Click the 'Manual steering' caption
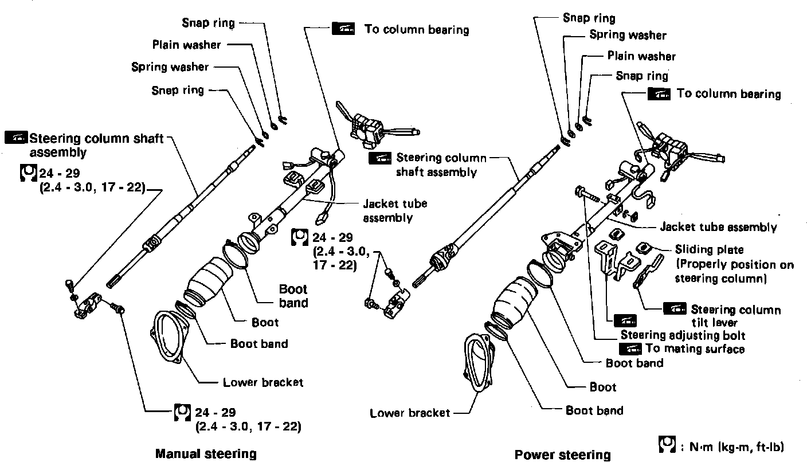pyautogui.click(x=206, y=453)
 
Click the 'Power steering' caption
pyautogui.click(x=562, y=455)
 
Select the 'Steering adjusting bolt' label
pyautogui.click(x=683, y=335)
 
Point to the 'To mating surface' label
pyautogui.click(x=694, y=349)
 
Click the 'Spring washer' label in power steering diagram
pyautogui.click(x=628, y=35)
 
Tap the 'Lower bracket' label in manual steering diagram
pyautogui.click(x=263, y=382)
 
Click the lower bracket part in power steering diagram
pyautogui.click(x=479, y=364)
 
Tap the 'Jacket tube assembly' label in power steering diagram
pyautogui.click(x=718, y=227)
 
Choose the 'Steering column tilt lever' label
pyautogui.click(x=736, y=316)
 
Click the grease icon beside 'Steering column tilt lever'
pyautogui.click(x=674, y=308)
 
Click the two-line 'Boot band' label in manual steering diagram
pyautogui.click(x=293, y=296)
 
